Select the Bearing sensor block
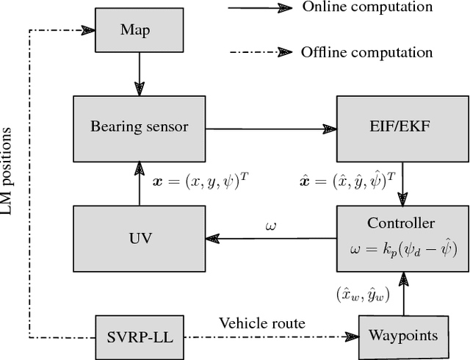click(x=139, y=126)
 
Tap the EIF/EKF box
click(x=401, y=126)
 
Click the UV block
click(x=139, y=239)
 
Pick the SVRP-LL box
click(x=138, y=337)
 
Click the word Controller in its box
click(x=400, y=223)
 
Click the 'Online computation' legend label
click(x=357, y=7)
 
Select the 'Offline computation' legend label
click(x=358, y=52)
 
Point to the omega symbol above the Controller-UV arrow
click(x=270, y=223)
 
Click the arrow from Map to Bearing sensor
click(x=138, y=76)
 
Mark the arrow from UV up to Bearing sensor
click(x=138, y=183)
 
